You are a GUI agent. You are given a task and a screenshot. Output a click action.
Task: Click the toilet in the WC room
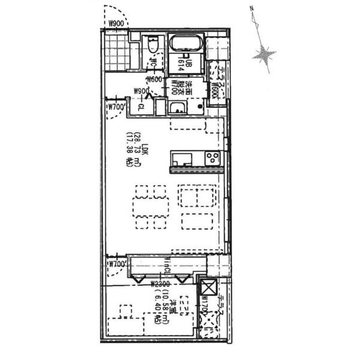(152, 46)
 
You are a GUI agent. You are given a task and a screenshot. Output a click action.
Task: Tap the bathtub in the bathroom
(186, 44)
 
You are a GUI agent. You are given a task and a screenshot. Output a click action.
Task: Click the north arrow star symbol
(264, 56)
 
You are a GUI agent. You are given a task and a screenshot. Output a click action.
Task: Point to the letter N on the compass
(253, 8)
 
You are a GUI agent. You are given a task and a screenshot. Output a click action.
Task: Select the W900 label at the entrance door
(116, 24)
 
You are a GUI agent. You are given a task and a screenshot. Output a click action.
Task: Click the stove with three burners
(212, 158)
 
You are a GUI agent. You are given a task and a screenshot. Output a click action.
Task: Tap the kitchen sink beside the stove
(181, 159)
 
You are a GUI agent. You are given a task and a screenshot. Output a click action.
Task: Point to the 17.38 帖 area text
(130, 157)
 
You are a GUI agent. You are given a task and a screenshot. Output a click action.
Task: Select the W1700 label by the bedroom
(203, 304)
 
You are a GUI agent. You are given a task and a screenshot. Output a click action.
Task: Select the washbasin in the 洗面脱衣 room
(177, 108)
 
